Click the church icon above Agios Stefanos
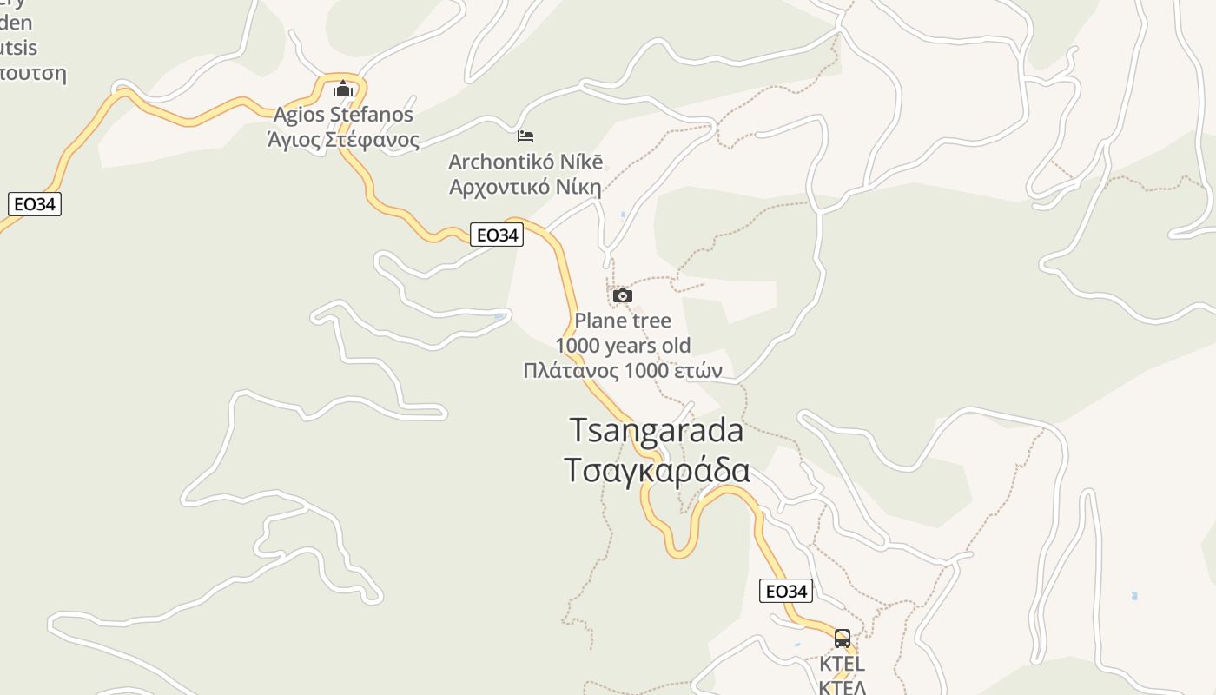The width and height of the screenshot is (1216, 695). pyautogui.click(x=343, y=89)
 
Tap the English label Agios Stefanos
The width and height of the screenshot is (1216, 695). pyautogui.click(x=343, y=114)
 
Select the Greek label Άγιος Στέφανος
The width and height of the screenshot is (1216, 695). pyautogui.click(x=343, y=139)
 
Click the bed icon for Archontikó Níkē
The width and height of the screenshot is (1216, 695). pyautogui.click(x=525, y=136)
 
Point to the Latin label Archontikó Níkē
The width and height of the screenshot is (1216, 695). pyautogui.click(x=525, y=162)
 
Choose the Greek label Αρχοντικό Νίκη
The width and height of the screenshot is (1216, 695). pyautogui.click(x=525, y=186)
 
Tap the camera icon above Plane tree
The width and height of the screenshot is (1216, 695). pyautogui.click(x=622, y=296)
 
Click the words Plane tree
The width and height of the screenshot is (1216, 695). pyautogui.click(x=623, y=321)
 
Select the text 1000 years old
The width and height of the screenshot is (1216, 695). pyautogui.click(x=623, y=346)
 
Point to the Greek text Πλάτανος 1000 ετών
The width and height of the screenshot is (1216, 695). pyautogui.click(x=623, y=371)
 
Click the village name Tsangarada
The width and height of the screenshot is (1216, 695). pyautogui.click(x=657, y=430)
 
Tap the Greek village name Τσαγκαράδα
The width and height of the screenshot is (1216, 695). pyautogui.click(x=657, y=469)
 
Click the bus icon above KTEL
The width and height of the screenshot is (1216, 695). pyautogui.click(x=842, y=639)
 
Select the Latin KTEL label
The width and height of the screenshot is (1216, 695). pyautogui.click(x=842, y=664)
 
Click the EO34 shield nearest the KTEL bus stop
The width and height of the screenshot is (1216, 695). pyautogui.click(x=786, y=592)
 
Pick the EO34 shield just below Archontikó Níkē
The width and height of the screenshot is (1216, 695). pyautogui.click(x=497, y=235)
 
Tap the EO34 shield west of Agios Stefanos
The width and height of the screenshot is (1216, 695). pyautogui.click(x=35, y=204)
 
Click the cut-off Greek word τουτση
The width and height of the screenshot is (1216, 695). pyautogui.click(x=33, y=72)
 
